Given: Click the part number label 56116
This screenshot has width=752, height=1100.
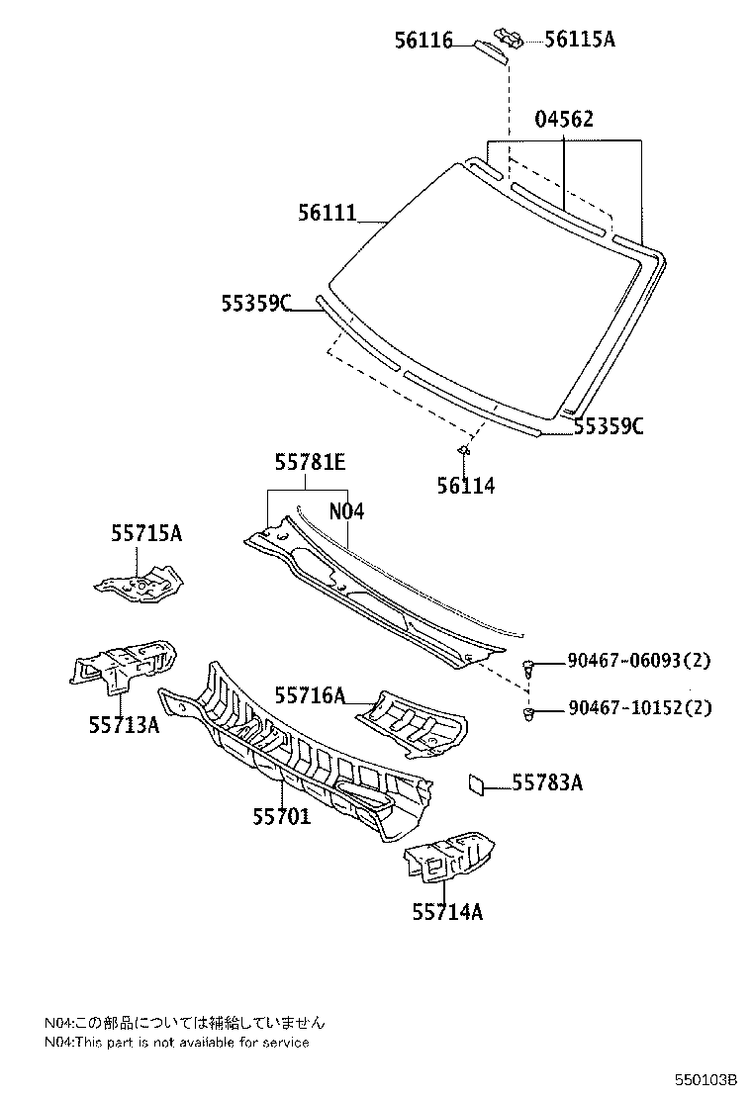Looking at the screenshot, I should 423,41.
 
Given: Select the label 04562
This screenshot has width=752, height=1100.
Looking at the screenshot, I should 564,120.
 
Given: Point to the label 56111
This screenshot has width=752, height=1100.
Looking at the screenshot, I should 328,212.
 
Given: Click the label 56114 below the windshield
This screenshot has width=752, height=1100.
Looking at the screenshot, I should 465,486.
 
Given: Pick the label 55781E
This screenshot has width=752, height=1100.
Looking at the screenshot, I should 310,462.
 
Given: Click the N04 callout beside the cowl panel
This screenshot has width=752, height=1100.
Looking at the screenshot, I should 346,511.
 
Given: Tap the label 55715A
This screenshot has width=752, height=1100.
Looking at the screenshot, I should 145,533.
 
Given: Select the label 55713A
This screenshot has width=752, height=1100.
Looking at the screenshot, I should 124,725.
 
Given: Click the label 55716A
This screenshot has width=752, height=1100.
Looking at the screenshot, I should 310,696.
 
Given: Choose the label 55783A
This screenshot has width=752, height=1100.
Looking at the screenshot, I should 547,783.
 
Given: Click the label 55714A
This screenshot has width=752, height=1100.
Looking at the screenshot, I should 447,911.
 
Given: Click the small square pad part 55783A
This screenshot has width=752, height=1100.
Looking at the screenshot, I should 477,783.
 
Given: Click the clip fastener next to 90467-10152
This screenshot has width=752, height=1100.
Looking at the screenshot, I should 531,712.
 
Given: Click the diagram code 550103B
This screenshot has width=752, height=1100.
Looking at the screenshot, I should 706,1079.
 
